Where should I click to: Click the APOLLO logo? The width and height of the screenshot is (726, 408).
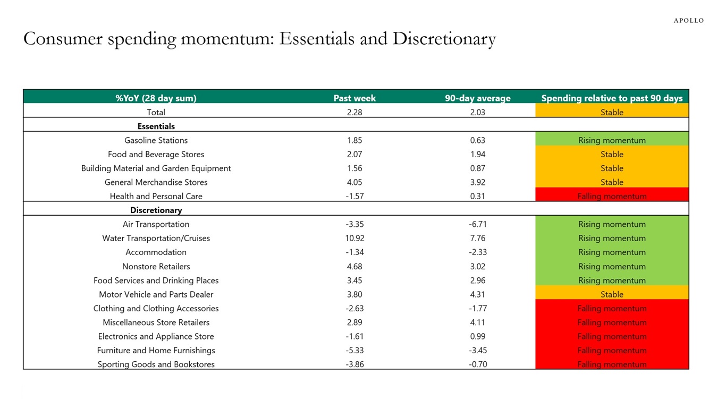click(688, 21)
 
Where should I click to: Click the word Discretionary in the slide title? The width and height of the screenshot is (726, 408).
click(444, 39)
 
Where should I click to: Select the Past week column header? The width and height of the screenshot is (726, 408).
click(354, 98)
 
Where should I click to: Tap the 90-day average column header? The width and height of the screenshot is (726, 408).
click(477, 98)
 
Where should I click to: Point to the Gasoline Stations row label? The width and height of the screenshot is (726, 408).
click(156, 140)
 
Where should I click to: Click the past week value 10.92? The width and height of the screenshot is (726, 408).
click(354, 238)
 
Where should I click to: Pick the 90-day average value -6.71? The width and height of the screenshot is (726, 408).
click(477, 224)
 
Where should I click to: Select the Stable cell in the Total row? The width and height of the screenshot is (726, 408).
click(612, 112)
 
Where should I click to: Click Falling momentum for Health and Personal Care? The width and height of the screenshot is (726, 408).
click(612, 196)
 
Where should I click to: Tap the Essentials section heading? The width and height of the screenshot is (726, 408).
click(156, 126)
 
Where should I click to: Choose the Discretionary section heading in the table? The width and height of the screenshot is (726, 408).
click(156, 210)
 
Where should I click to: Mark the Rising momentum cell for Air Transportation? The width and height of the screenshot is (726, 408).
click(612, 224)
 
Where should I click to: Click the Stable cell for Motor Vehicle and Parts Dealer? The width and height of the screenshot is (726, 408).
click(612, 294)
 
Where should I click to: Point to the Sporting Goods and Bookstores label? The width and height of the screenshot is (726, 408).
click(156, 364)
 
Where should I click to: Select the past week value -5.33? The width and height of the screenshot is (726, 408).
click(354, 350)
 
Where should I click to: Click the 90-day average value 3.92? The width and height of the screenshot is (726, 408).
click(477, 182)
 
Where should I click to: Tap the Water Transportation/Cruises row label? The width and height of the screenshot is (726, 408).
click(156, 238)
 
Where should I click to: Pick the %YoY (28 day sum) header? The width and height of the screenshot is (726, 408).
click(156, 98)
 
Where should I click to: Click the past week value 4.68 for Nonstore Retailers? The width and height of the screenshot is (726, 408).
click(354, 266)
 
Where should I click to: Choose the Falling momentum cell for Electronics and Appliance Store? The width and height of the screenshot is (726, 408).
click(612, 336)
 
